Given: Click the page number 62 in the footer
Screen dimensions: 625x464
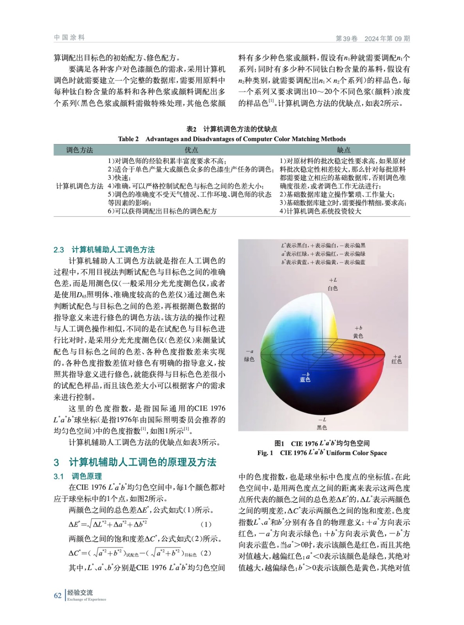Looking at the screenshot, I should [57, 595].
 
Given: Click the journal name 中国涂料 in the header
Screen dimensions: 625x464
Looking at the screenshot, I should [70, 37].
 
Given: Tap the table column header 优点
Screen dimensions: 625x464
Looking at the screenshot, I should [191, 150].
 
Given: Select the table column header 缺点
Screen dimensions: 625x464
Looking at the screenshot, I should [344, 150].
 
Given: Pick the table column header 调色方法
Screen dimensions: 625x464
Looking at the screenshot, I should [79, 150].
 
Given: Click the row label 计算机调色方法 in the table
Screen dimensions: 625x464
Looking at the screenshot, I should [79, 186].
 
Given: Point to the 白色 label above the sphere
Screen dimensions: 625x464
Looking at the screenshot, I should [333, 288].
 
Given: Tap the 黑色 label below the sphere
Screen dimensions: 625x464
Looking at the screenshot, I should [322, 427].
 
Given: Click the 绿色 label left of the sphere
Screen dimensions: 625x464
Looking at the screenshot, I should [249, 359].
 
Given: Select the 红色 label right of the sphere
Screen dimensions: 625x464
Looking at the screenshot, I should [396, 362].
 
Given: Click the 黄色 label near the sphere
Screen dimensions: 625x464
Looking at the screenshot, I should [358, 336].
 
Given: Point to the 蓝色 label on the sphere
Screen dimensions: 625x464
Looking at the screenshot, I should [305, 379].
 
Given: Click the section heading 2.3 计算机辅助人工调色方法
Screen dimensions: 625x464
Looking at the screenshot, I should [104, 250].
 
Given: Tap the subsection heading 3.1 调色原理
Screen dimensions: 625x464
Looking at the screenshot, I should [77, 476].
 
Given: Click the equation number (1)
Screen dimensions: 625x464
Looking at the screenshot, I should [206, 524].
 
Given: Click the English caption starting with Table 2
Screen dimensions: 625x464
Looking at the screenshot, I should [232, 139].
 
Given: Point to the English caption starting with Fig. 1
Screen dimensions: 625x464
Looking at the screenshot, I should [322, 453].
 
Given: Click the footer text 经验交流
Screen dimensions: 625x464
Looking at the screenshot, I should [80, 593].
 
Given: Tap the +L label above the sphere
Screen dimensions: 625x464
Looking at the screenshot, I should [333, 280].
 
